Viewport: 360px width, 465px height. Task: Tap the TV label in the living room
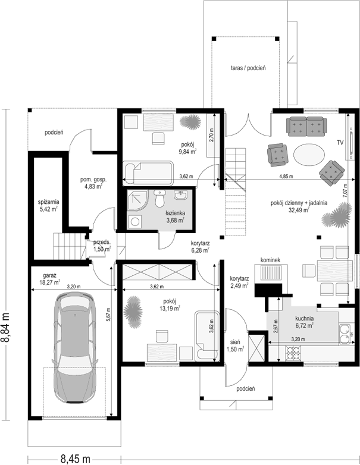[x=340, y=143]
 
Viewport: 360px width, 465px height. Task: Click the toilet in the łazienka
[x=160, y=199]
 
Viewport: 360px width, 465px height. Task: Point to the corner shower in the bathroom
[x=137, y=200]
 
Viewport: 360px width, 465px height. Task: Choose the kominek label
[x=270, y=260]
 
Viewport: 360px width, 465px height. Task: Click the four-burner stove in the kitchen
[x=293, y=353]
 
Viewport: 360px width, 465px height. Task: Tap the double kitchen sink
[x=345, y=334]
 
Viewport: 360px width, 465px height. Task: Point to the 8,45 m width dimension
[x=76, y=459]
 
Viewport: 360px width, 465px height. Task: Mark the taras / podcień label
[x=248, y=68]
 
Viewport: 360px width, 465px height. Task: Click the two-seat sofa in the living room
[x=306, y=126]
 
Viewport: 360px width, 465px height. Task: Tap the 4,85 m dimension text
[x=286, y=177]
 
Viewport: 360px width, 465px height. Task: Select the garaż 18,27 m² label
[x=50, y=279]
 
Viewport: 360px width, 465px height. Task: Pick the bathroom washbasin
[x=181, y=196]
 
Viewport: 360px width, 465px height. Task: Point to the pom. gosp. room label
[x=93, y=183]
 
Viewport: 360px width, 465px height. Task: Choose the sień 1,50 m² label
[x=236, y=346]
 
